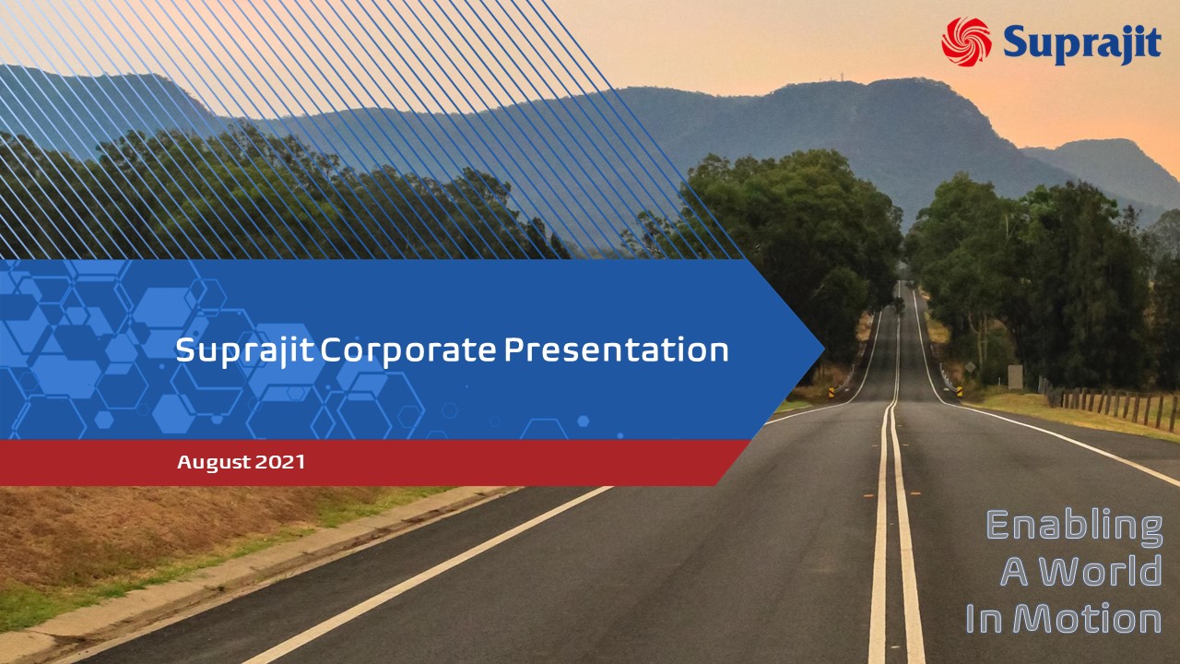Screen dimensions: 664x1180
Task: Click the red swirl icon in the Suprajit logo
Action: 966,41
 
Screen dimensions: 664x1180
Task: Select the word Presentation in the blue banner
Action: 616,350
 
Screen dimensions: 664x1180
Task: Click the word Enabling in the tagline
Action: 1074,525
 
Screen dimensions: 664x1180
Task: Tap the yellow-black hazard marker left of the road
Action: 831,392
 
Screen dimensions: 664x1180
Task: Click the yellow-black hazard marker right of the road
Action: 960,391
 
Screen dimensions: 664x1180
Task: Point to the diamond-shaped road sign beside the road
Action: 970,367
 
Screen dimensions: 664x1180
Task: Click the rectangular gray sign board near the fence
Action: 1015,377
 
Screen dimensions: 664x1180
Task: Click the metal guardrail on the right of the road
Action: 946,379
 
